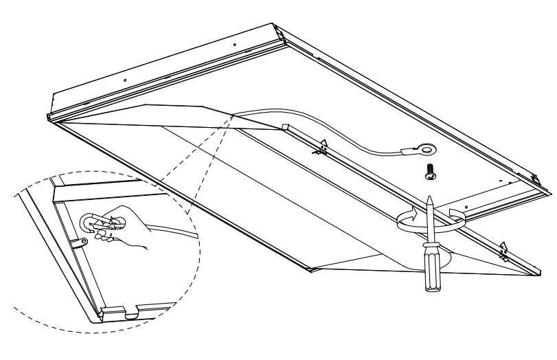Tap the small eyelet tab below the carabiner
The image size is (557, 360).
[82, 240]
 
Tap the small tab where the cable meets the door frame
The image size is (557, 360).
[284, 126]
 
